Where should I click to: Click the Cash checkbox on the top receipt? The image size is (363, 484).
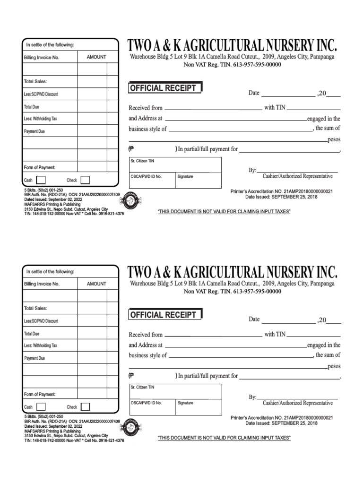coord(41,180)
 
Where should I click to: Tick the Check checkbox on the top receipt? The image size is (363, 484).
coord(85,180)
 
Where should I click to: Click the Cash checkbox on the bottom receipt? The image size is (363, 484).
coord(41,406)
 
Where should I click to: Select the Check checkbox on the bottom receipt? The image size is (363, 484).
coord(85,406)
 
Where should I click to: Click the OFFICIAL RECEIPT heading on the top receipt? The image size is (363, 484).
coord(164,88)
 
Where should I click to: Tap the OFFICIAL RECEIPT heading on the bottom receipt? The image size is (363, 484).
coord(164,315)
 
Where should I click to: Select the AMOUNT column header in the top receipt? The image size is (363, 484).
coord(96,57)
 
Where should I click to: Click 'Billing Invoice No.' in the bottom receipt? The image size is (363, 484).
coord(42,284)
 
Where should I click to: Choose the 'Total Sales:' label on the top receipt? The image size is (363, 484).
coord(35,82)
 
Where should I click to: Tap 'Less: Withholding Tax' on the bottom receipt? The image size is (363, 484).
coord(41,346)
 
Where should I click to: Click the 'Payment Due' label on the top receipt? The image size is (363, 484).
coord(35,131)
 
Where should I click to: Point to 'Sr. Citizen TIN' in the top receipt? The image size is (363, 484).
coord(142,161)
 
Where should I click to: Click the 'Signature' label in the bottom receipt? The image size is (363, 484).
coord(185,403)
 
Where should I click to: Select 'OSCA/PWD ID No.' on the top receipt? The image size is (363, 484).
coord(146,176)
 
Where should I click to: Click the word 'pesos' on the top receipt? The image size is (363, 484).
coord(334,140)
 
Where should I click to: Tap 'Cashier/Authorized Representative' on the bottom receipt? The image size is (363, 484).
coord(298,403)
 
